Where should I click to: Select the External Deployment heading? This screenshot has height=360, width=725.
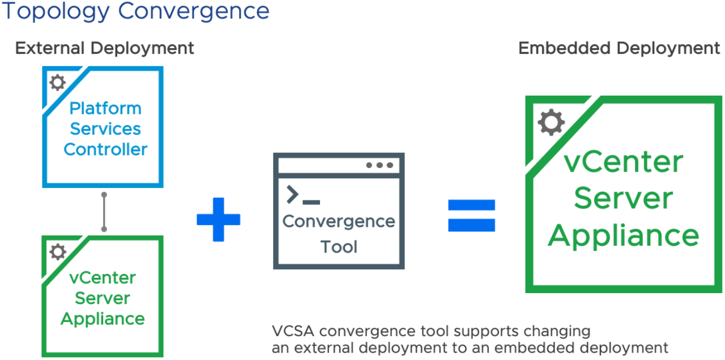104,48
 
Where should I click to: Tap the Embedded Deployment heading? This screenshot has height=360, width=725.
619,48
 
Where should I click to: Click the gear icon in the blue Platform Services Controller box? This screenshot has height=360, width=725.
57,83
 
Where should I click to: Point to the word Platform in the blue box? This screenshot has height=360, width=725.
105,108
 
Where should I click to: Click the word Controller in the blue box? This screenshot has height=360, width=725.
105,149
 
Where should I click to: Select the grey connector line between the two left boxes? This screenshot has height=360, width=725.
104,212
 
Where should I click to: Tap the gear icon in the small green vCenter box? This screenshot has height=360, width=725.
58,252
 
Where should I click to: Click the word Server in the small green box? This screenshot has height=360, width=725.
103,298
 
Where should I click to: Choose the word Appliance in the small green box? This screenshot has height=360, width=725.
103,319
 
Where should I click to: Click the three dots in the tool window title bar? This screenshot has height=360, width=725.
379,165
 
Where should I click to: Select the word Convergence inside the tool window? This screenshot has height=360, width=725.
339,221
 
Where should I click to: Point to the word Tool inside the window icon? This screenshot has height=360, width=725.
339,247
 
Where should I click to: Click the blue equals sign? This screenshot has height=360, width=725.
471,215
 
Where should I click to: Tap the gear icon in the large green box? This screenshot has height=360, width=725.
551,123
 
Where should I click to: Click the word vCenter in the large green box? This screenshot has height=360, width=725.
623,162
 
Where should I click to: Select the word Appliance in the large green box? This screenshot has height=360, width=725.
623,235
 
